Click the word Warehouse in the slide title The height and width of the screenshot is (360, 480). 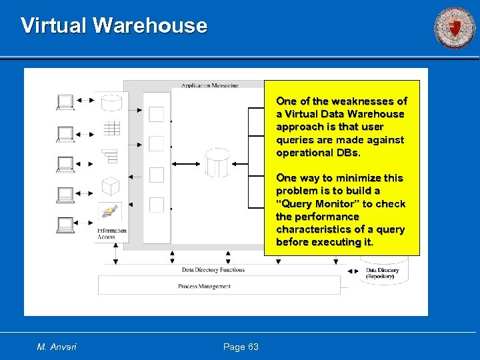(150, 25)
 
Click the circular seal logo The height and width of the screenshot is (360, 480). (455, 27)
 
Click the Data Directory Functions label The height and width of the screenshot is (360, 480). (213, 270)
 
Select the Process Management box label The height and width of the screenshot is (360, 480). (204, 286)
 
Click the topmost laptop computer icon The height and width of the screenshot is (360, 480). (65, 102)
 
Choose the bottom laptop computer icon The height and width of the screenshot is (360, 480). (65, 225)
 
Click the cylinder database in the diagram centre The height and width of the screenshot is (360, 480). (217, 163)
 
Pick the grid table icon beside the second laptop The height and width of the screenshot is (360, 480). (111, 129)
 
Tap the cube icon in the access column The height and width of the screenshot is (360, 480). (110, 185)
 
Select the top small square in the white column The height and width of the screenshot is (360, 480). (157, 115)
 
